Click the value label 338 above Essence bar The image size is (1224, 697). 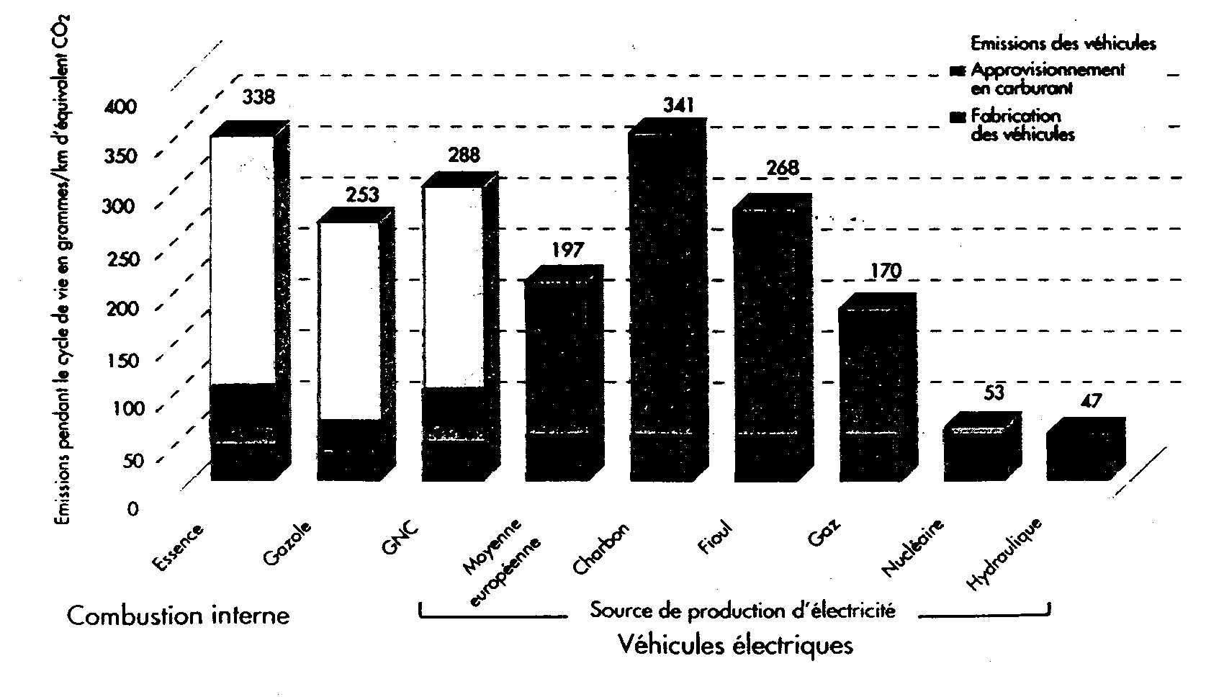(x=258, y=96)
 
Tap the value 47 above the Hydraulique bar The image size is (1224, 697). (x=1092, y=401)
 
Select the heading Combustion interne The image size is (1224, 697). (x=178, y=616)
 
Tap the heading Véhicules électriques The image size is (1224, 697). (x=734, y=645)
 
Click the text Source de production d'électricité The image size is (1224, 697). (x=742, y=611)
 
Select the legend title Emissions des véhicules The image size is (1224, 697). (x=1063, y=44)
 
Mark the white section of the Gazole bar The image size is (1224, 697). (x=349, y=320)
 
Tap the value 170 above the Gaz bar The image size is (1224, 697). (x=885, y=271)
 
